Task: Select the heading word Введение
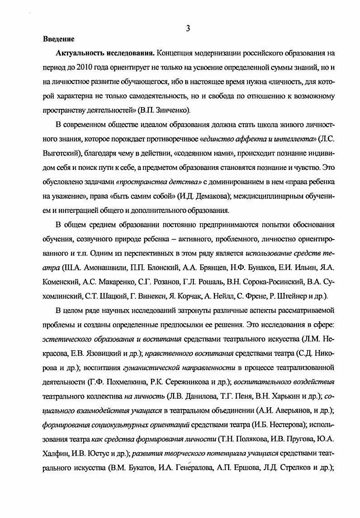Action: click(59, 40)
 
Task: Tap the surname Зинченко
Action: click(165, 109)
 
